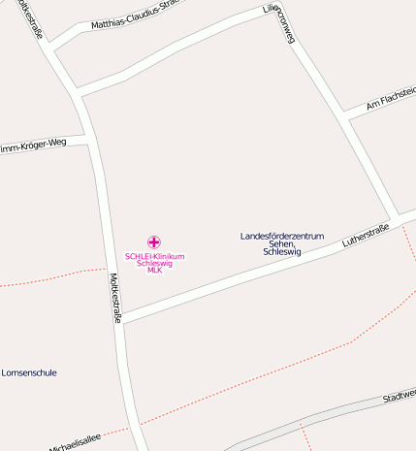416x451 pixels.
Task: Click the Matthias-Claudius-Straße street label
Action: pyautogui.click(x=133, y=21)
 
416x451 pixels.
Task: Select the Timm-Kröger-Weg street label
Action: pyautogui.click(x=39, y=145)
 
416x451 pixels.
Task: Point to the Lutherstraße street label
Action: pyautogui.click(x=366, y=235)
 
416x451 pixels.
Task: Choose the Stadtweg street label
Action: pyautogui.click(x=400, y=395)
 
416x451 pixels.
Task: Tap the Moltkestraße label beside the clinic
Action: pyautogui.click(x=116, y=298)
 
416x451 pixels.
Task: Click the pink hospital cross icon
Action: pyautogui.click(x=153, y=242)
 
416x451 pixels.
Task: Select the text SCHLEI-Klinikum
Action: pyautogui.click(x=154, y=256)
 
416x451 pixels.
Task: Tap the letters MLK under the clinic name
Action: pyautogui.click(x=154, y=271)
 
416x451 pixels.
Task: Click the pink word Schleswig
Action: pyautogui.click(x=154, y=264)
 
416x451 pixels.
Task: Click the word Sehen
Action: pyautogui.click(x=281, y=244)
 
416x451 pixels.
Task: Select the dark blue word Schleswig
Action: pyautogui.click(x=282, y=252)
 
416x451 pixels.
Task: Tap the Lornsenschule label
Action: pyautogui.click(x=29, y=372)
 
